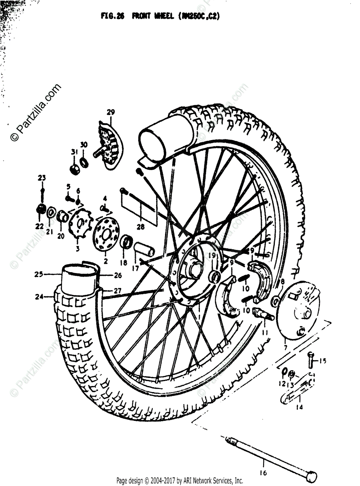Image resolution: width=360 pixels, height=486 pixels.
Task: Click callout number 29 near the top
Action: [109, 112]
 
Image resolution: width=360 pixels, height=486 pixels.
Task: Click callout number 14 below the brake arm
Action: [299, 407]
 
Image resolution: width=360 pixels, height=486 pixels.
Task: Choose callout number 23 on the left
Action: [42, 178]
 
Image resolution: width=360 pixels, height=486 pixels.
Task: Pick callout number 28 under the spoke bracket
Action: [140, 227]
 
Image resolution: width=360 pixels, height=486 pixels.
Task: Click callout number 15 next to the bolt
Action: [323, 361]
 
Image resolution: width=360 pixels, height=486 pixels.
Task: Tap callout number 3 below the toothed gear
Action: [77, 248]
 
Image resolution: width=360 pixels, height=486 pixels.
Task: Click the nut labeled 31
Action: [74, 169]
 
